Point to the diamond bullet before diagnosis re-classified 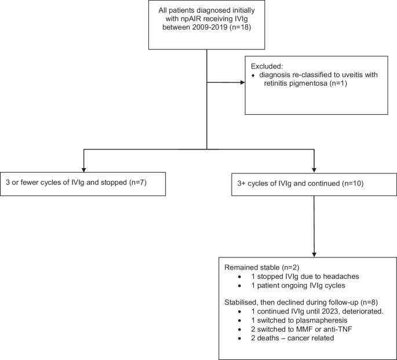253,76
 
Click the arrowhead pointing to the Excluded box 242,82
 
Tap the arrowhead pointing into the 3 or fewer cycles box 84,168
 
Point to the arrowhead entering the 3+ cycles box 314,168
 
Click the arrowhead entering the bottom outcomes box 314,253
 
